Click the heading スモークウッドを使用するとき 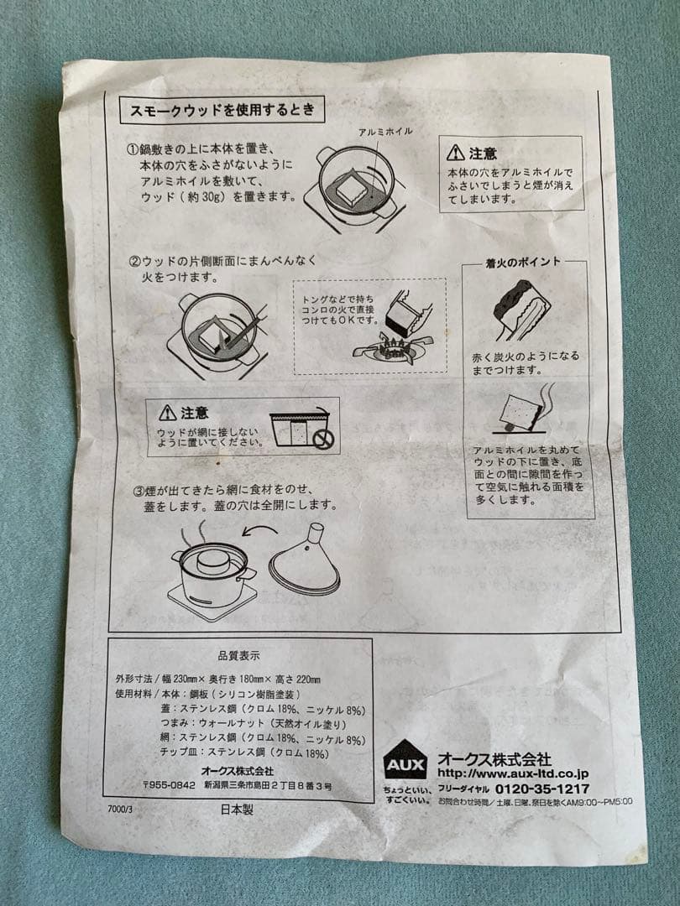click(222, 110)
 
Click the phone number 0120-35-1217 click(542, 789)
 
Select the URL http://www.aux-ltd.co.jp click(513, 773)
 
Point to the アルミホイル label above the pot click(385, 132)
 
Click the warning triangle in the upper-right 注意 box click(455, 153)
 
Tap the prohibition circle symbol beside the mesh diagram click(323, 441)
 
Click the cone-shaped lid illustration click(304, 561)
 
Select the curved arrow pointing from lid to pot click(259, 530)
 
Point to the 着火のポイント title click(523, 263)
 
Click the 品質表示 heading click(238, 656)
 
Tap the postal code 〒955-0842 click(169, 786)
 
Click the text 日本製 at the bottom click(237, 810)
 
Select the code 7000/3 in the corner click(120, 809)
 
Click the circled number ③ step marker click(139, 491)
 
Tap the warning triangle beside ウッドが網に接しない click(168, 412)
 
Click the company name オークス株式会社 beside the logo click(494, 758)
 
